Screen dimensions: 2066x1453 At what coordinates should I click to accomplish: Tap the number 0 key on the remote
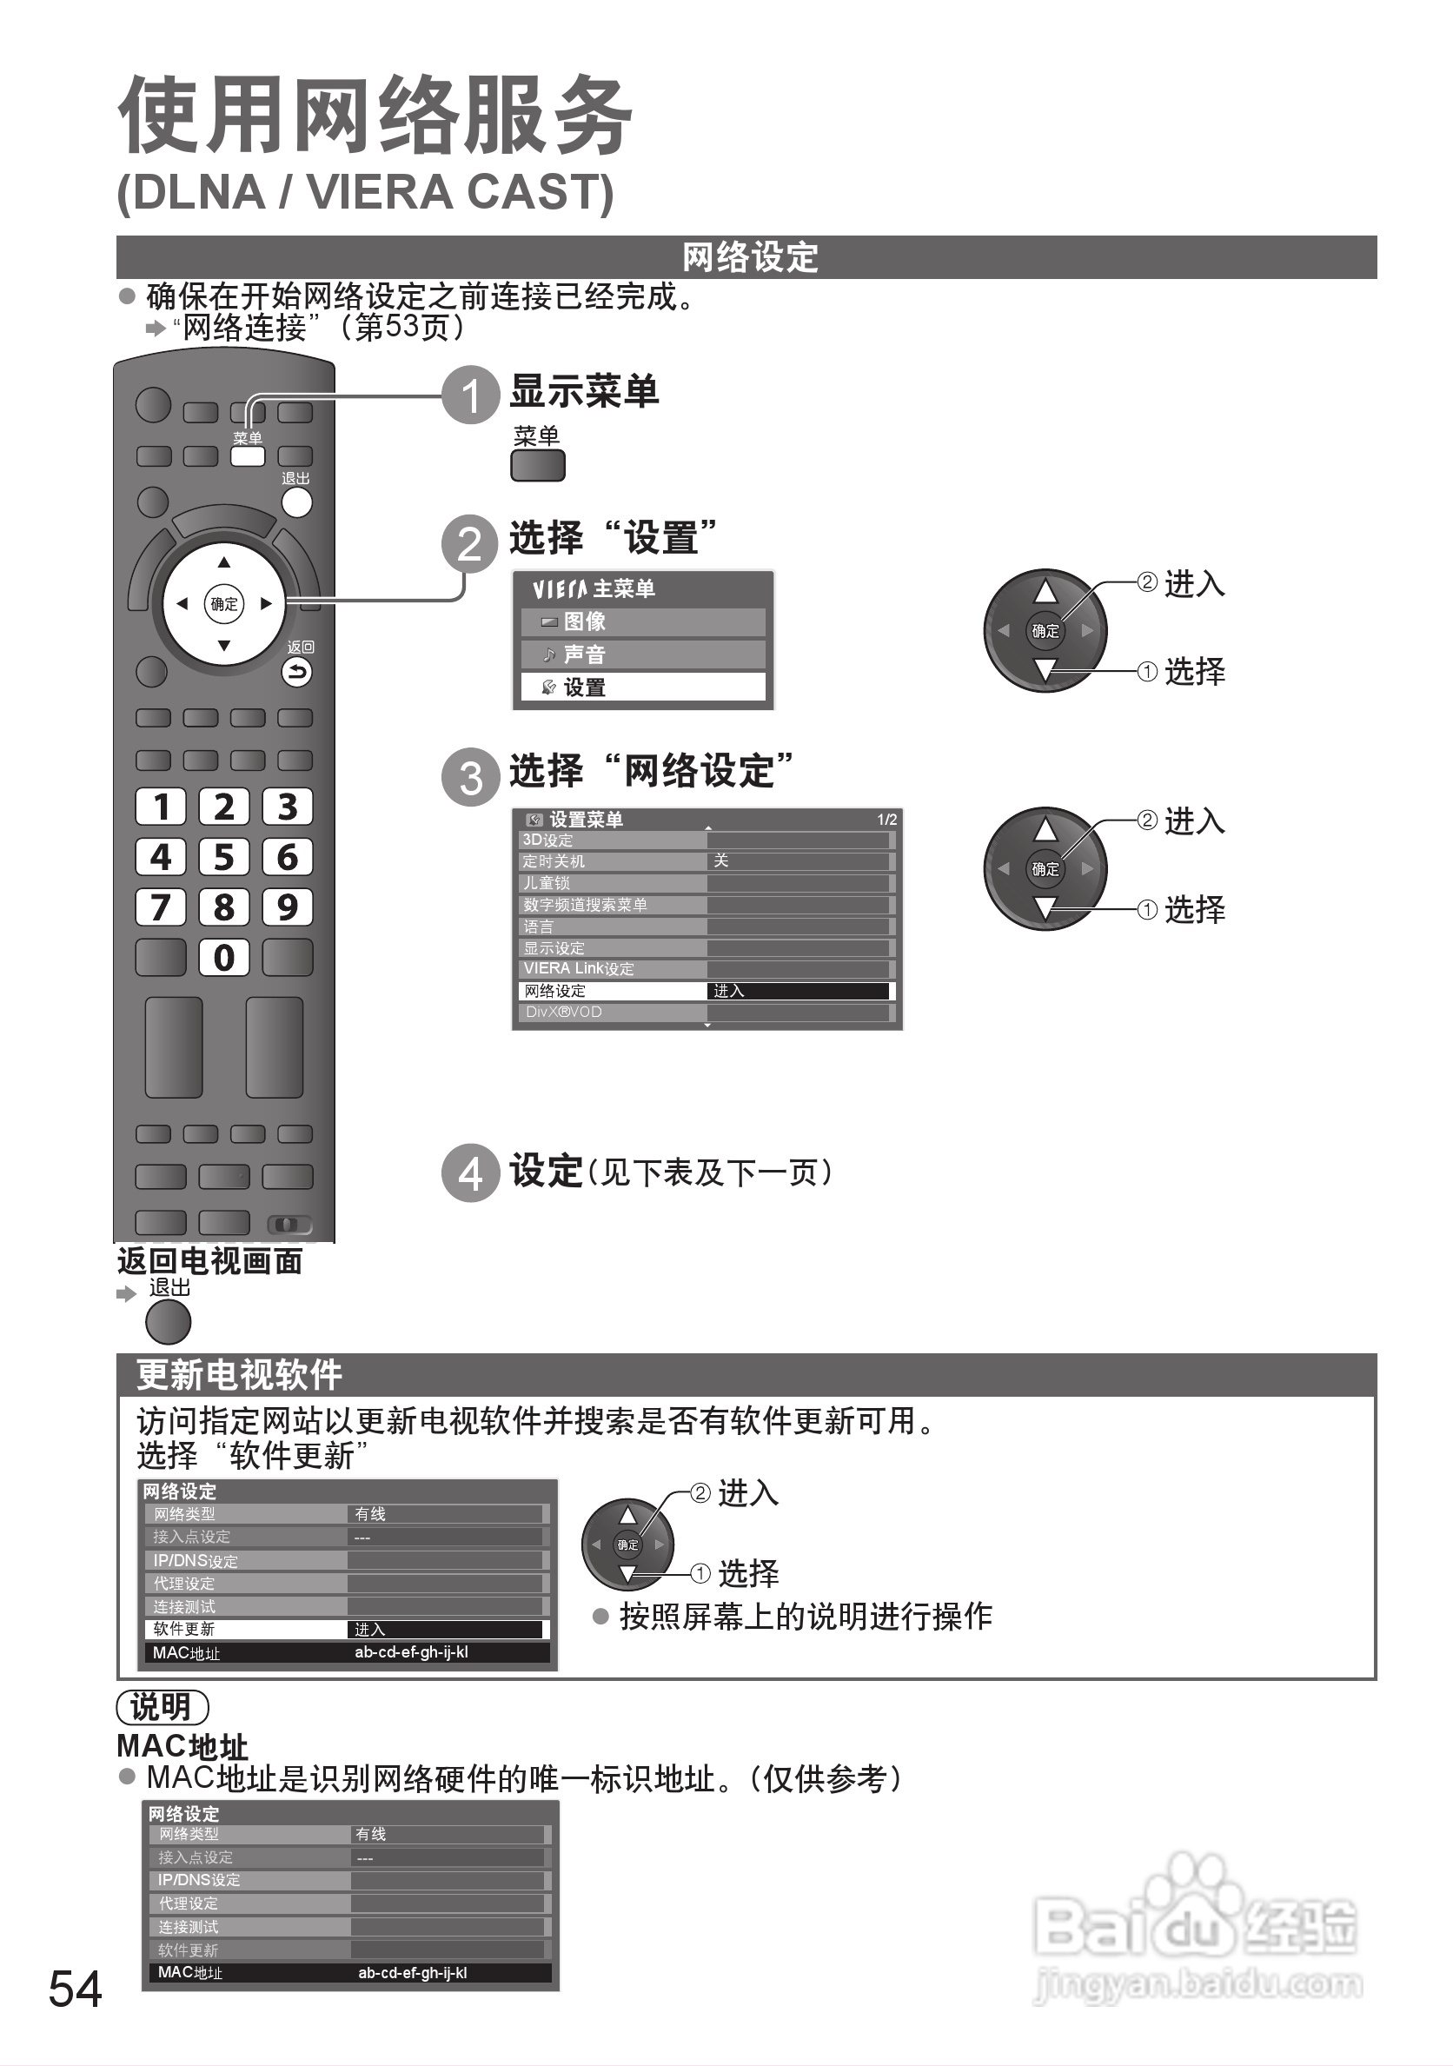(x=224, y=958)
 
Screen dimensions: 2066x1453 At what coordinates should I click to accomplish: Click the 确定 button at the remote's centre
(x=224, y=604)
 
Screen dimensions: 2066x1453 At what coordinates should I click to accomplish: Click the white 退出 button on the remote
(x=297, y=502)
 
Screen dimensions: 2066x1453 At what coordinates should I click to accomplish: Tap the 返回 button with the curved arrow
(x=297, y=671)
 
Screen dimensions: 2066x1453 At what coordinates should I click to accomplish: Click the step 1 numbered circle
(x=470, y=395)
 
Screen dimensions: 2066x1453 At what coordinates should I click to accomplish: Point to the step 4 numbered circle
(x=470, y=1173)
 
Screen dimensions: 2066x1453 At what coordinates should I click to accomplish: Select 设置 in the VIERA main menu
(x=642, y=688)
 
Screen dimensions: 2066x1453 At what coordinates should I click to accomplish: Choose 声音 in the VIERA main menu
(x=642, y=654)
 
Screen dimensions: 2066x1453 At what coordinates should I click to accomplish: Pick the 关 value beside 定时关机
(x=720, y=861)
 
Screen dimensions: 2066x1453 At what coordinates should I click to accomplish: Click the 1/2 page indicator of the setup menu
(x=886, y=820)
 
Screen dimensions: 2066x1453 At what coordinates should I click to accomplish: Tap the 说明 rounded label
(x=162, y=1706)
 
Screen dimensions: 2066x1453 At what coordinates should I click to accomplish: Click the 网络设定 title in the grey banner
(x=749, y=257)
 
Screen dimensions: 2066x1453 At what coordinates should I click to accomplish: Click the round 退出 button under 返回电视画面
(x=169, y=1323)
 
